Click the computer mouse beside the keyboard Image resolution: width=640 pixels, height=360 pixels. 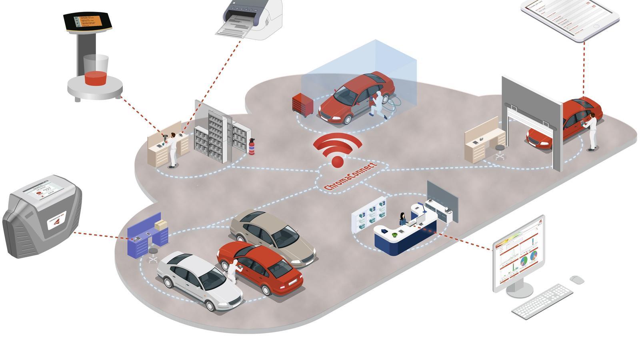tap(577, 280)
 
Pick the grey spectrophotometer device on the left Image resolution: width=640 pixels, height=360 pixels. tap(42, 216)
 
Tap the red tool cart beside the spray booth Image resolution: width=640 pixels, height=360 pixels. tap(302, 104)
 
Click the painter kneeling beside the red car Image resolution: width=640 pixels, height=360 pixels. tap(377, 105)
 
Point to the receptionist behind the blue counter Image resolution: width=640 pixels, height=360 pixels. tap(402, 218)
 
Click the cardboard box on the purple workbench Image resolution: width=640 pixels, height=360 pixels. tap(161, 225)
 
